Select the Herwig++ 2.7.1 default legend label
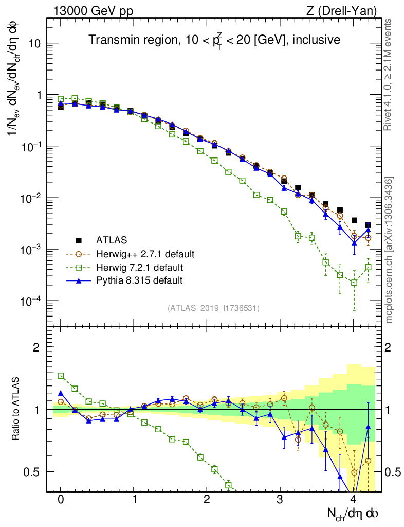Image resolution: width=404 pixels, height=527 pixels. point(145,254)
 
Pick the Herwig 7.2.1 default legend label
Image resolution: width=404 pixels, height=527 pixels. point(140,267)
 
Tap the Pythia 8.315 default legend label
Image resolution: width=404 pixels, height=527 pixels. point(139,280)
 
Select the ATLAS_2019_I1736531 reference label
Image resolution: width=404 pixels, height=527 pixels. point(213,308)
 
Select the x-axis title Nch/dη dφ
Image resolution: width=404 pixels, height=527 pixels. point(353,513)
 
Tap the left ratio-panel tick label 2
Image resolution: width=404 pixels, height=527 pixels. point(36,347)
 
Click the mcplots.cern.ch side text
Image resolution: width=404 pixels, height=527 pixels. point(389,250)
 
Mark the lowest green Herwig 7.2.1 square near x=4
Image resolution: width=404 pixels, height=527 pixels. point(354,283)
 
